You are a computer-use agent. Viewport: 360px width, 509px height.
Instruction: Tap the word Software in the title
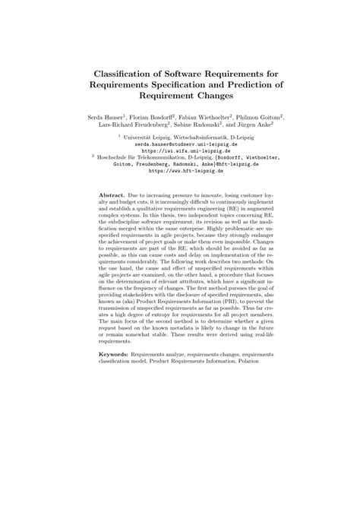click(x=183, y=74)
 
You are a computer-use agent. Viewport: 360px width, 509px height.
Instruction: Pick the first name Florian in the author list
click(x=141, y=118)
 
